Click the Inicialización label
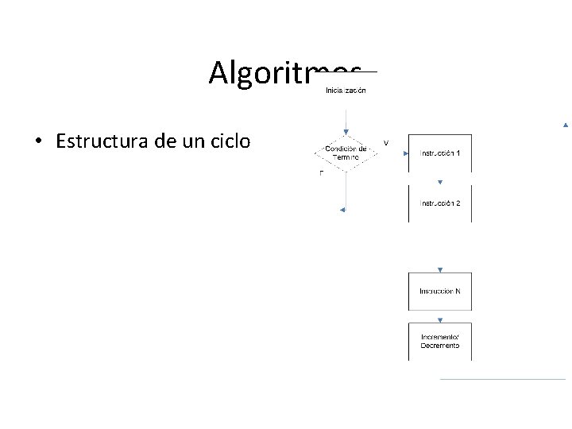346,91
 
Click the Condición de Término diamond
346,153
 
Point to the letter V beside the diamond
386,143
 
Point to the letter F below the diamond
321,173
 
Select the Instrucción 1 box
439,153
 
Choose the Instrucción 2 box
439,203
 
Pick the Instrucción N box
439,291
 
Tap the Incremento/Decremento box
439,342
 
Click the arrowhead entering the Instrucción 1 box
405,153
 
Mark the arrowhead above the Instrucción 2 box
439,182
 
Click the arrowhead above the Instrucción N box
439,270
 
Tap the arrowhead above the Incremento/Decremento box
439,319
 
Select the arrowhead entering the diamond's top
346,132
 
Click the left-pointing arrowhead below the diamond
342,210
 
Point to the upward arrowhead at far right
565,125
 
